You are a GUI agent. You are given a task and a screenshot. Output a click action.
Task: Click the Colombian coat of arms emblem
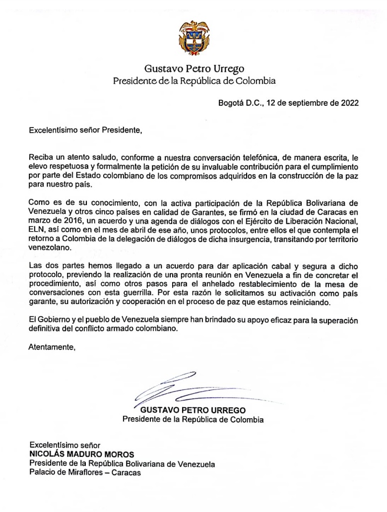point(194,38)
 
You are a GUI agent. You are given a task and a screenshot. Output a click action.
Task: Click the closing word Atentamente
point(52,347)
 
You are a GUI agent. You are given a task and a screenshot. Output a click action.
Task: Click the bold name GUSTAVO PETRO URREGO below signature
point(193,410)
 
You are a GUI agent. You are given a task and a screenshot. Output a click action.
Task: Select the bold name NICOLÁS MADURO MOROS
point(81,454)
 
